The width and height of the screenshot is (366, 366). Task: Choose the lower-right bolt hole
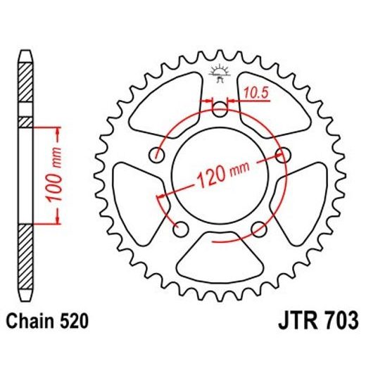[x=260, y=227]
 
